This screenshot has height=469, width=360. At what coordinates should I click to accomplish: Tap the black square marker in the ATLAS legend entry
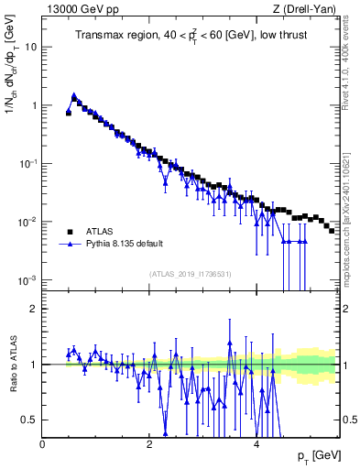[69, 232]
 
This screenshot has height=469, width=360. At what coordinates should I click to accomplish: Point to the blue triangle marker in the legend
[69, 245]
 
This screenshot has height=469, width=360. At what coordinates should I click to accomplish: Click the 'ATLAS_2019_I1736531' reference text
[190, 274]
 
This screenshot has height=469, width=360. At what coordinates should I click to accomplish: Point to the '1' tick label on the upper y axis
[34, 105]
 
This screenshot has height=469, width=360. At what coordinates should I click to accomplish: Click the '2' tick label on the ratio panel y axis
[34, 309]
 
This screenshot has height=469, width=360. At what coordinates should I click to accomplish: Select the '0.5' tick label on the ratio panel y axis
[30, 420]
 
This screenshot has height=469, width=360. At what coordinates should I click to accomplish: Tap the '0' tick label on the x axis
[42, 442]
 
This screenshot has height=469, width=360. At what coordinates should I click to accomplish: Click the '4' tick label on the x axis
[256, 442]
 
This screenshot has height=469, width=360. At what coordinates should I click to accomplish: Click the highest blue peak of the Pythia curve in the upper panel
[73, 95]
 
